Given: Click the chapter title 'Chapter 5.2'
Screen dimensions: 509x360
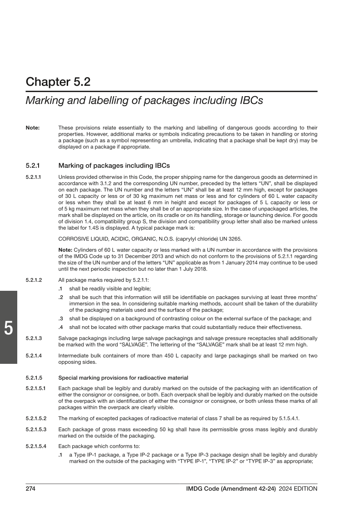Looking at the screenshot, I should [58, 82].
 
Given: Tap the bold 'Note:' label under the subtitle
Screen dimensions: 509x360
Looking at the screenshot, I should [33, 128].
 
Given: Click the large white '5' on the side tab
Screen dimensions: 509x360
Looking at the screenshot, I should [8, 328].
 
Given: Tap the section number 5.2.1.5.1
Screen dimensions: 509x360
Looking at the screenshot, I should [36, 388].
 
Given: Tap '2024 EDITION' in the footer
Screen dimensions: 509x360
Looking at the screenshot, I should [298, 489].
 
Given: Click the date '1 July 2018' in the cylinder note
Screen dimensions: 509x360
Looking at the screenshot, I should [193, 269].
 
